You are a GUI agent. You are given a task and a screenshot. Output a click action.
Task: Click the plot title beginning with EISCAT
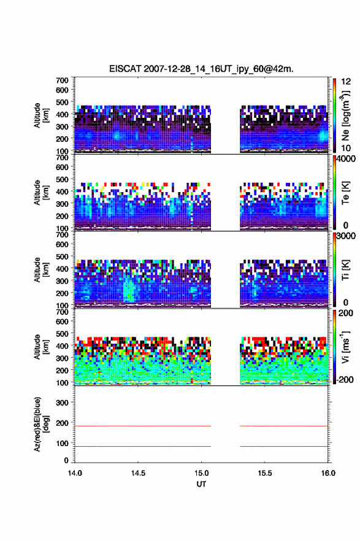click(x=201, y=69)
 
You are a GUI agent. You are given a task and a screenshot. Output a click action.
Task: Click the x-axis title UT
click(x=201, y=484)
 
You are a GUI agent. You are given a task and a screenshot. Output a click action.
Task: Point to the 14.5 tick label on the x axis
click(x=138, y=473)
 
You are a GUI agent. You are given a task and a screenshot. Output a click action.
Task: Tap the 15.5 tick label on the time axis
click(x=265, y=473)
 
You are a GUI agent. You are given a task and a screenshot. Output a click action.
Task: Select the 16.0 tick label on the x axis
click(x=328, y=473)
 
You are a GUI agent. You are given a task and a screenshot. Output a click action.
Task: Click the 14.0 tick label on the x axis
click(x=75, y=473)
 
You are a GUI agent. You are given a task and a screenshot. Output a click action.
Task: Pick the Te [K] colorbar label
click(x=345, y=193)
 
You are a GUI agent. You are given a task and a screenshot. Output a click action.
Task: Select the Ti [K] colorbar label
click(x=345, y=270)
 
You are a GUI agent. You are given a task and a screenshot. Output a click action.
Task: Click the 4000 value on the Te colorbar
click(x=346, y=159)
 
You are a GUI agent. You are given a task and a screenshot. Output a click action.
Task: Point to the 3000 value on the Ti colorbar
click(x=346, y=236)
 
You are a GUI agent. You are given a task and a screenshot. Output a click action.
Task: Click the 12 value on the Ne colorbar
click(x=346, y=82)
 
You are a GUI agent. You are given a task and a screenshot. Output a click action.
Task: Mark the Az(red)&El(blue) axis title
click(x=41, y=424)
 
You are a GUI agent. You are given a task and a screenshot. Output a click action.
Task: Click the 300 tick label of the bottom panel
click(x=62, y=403)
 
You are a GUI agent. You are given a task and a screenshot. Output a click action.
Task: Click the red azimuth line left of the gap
click(x=143, y=426)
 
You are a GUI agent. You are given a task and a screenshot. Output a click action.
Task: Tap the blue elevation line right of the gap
click(x=284, y=446)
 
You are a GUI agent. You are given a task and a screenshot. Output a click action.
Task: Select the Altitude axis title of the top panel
click(x=41, y=116)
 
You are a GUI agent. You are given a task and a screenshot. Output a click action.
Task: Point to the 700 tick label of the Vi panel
click(x=62, y=312)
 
